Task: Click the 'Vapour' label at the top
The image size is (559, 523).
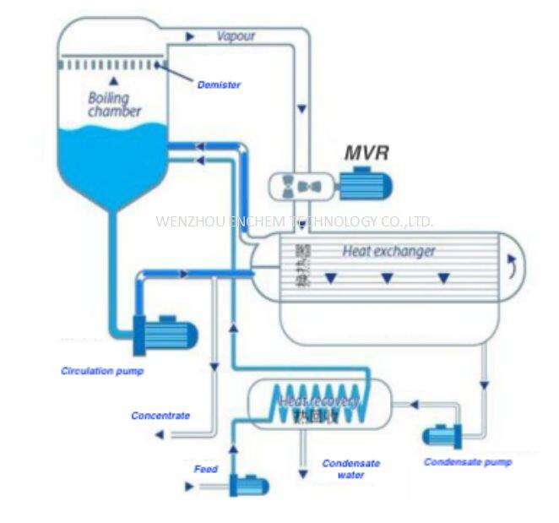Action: point(236,36)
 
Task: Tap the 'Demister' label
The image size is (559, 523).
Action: point(219,84)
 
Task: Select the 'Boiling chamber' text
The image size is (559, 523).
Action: point(115,104)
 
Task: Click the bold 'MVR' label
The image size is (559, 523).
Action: point(366,154)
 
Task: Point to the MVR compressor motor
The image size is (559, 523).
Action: point(366,183)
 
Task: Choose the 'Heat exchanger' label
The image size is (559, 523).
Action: point(388,251)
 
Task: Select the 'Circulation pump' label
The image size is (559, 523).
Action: point(102,371)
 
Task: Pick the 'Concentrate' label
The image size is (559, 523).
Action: point(160,416)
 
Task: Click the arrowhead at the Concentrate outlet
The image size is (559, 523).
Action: point(158,434)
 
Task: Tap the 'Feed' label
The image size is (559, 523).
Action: point(205,469)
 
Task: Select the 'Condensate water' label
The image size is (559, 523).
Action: point(351,469)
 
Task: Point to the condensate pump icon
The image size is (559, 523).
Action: point(442,435)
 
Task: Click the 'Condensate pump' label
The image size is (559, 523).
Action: point(468,462)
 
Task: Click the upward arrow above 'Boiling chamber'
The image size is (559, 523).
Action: point(113,80)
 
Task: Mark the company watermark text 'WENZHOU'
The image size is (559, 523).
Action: point(187,221)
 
